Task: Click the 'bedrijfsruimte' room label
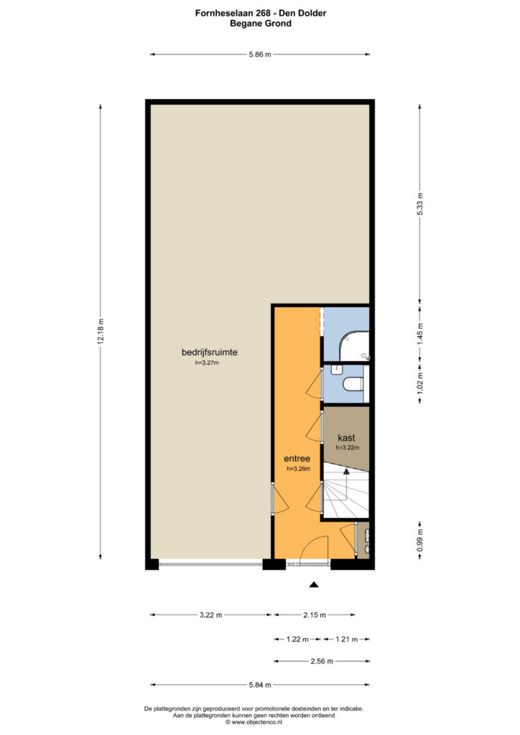209,352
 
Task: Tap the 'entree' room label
297,459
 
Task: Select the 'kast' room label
346,438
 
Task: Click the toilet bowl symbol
354,385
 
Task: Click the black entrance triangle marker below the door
314,584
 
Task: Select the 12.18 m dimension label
101,332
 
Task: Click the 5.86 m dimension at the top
260,55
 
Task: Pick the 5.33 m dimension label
420,204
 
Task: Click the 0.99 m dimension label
420,540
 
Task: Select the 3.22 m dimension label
211,615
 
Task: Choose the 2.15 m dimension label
314,615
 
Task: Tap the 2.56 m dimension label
322,661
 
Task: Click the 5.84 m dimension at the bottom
260,685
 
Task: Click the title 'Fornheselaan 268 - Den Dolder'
261,13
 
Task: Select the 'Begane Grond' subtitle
261,24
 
